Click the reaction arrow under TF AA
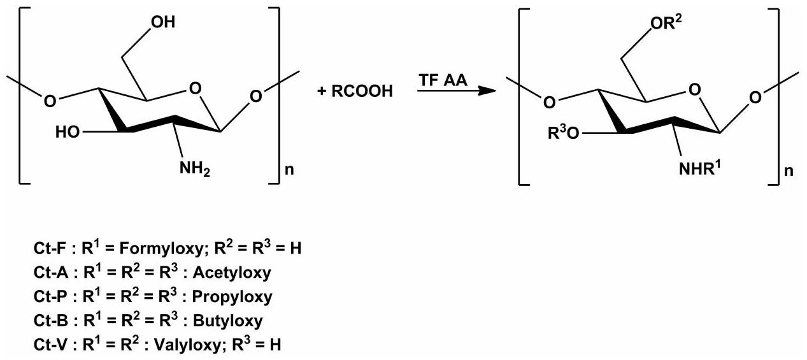pyautogui.click(x=456, y=91)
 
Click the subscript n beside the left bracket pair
pyautogui.click(x=287, y=171)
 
